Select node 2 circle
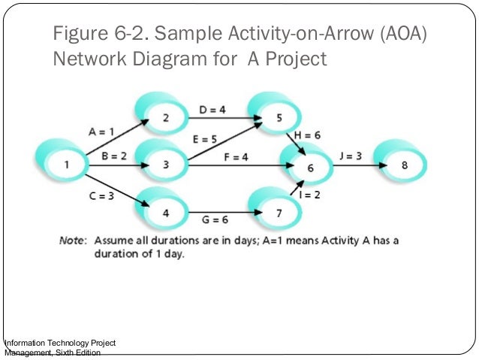164,117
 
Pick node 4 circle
164,213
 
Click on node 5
279,117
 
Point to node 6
310,168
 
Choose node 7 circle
279,213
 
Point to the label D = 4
212,110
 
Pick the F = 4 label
235,157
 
